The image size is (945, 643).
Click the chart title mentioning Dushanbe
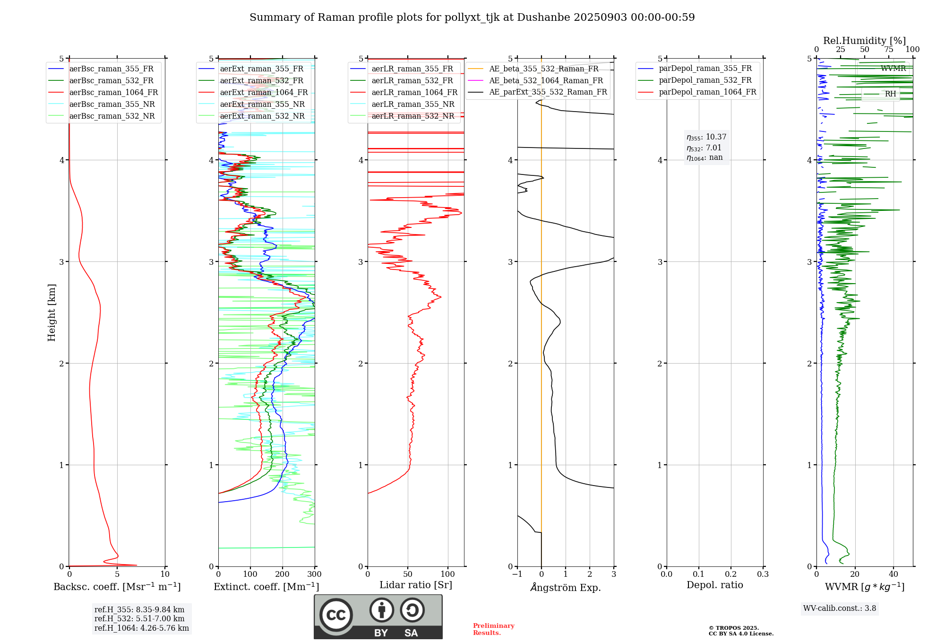[472, 17]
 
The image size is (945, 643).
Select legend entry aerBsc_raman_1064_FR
[113, 93]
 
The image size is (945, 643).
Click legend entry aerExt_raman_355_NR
[262, 104]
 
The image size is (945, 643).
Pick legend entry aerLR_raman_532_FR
[412, 81]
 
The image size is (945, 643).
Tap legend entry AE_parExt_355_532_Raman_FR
[548, 92]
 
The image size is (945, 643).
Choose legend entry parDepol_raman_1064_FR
[707, 92]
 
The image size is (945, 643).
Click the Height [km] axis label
[52, 313]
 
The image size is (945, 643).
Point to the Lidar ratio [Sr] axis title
[416, 585]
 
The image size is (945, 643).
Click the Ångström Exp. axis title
[566, 588]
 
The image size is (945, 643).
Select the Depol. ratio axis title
[714, 585]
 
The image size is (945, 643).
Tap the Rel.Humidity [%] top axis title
[864, 41]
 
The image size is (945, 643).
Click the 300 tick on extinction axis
[315, 574]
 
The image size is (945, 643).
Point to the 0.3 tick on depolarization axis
[763, 574]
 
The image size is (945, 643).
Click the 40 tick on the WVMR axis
[893, 574]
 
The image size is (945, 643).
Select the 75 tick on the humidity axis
[889, 50]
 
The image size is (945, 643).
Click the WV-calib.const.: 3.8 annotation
[840, 608]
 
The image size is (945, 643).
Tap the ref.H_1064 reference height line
[142, 628]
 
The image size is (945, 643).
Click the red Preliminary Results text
[493, 629]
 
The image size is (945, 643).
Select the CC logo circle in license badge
[336, 615]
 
